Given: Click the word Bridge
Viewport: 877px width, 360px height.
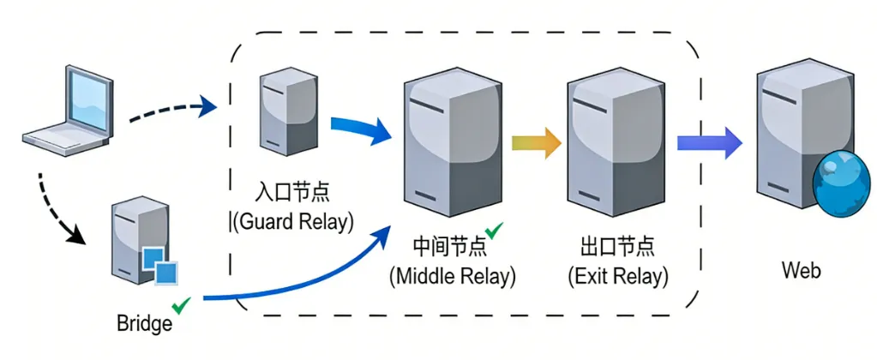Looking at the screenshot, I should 144,324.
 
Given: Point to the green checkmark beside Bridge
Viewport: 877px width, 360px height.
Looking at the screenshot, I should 181,305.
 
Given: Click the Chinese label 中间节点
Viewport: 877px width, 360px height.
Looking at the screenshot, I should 449,246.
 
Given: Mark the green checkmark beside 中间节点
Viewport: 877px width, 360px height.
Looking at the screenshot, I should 494,231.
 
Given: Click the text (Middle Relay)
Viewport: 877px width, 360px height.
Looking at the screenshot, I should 452,276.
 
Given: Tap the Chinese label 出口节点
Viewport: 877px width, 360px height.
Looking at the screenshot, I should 617,246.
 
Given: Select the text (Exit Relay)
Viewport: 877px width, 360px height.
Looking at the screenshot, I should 617,276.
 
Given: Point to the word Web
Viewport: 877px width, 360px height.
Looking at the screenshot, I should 801,271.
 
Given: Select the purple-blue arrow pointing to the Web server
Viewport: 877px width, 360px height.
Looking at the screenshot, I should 709,141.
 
